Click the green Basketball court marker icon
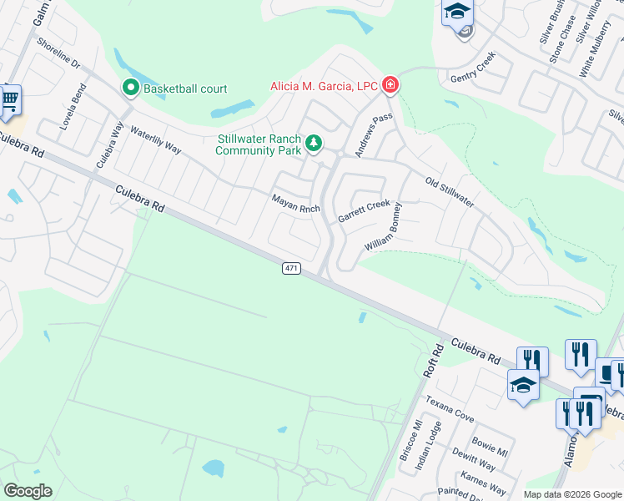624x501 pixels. point(131,87)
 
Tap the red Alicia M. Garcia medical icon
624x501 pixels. point(390,84)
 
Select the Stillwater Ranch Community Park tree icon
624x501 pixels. point(314,144)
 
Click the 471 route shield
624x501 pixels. point(291,267)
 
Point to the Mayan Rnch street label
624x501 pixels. point(295,203)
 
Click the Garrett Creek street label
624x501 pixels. point(364,210)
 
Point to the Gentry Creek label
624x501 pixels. point(473,66)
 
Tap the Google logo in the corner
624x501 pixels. point(28,490)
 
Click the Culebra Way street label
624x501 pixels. point(109,144)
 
